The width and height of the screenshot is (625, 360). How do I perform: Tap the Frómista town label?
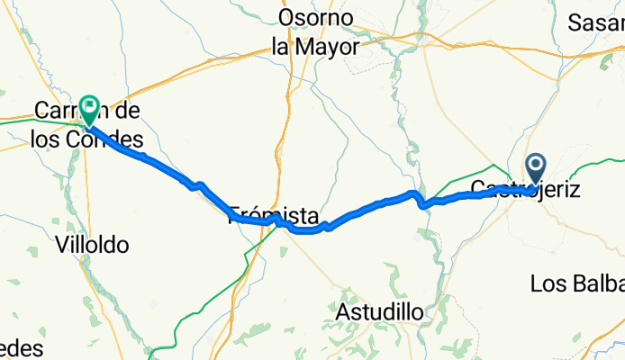pos(273,216)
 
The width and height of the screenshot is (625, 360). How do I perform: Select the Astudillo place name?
pos(379,312)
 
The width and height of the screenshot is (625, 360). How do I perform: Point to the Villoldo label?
pos(92,244)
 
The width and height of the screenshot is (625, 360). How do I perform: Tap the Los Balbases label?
pos(577,283)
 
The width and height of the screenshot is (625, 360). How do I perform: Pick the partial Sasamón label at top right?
pos(597,23)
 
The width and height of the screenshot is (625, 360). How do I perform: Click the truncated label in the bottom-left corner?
pos(17,349)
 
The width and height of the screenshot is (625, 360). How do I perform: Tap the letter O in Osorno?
pos(286,17)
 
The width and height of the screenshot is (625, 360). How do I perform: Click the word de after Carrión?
pos(127,112)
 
